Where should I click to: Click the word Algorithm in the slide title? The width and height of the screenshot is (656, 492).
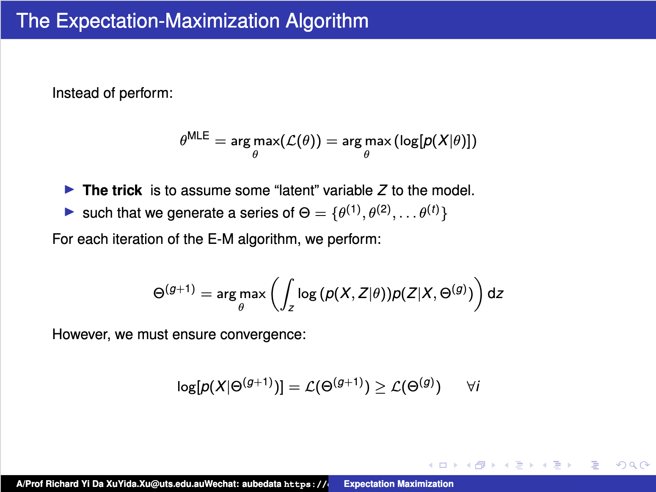coord(327,21)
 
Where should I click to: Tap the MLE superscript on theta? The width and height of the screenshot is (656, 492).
coord(198,136)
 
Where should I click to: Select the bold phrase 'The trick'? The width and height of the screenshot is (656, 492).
coord(112,191)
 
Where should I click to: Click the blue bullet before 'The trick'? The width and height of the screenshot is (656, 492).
coord(69,189)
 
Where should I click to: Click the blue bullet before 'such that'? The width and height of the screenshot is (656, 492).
coord(69,212)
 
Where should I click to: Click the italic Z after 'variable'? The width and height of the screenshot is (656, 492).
coord(382,191)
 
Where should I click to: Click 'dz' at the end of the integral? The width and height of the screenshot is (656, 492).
coord(495,293)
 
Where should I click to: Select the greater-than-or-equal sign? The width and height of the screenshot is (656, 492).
coord(380,387)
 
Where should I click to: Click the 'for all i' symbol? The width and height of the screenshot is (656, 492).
coord(473,386)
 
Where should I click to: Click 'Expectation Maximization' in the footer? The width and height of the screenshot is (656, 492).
coord(398,484)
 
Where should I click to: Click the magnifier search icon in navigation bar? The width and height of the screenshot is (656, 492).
coord(633,465)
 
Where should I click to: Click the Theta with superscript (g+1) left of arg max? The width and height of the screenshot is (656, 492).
coord(174,292)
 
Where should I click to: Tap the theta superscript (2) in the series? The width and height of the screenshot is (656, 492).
coord(379,211)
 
